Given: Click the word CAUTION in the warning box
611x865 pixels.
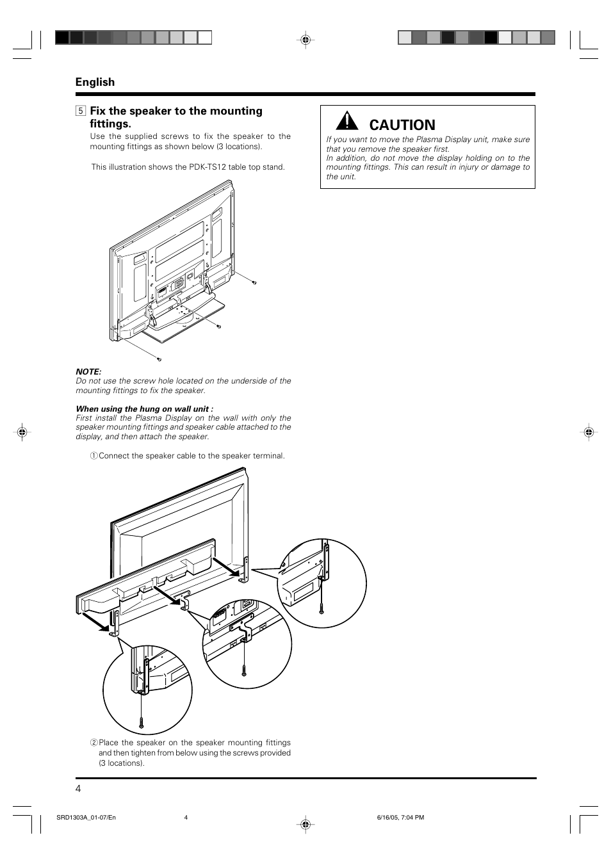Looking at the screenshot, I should pyautogui.click(x=402, y=125).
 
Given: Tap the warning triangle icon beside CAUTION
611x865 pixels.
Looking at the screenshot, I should pyautogui.click(x=346, y=121).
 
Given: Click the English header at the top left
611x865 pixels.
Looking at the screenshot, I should pyautogui.click(x=95, y=82).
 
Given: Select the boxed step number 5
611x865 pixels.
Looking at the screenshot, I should pyautogui.click(x=80, y=111).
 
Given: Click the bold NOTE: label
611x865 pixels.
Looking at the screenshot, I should pyautogui.click(x=88, y=371).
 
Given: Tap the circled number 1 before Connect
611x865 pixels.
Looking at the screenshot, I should pyautogui.click(x=94, y=456).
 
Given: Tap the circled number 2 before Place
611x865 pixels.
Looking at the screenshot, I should pyautogui.click(x=94, y=743).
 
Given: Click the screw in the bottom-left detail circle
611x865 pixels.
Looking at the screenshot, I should pyautogui.click(x=142, y=720).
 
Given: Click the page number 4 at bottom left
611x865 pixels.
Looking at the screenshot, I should pyautogui.click(x=78, y=789).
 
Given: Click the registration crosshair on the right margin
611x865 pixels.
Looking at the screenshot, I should pyautogui.click(x=589, y=432).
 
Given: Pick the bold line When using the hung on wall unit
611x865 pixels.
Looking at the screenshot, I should pyautogui.click(x=144, y=408).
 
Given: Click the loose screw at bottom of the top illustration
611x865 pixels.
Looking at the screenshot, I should pyautogui.click(x=159, y=359).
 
